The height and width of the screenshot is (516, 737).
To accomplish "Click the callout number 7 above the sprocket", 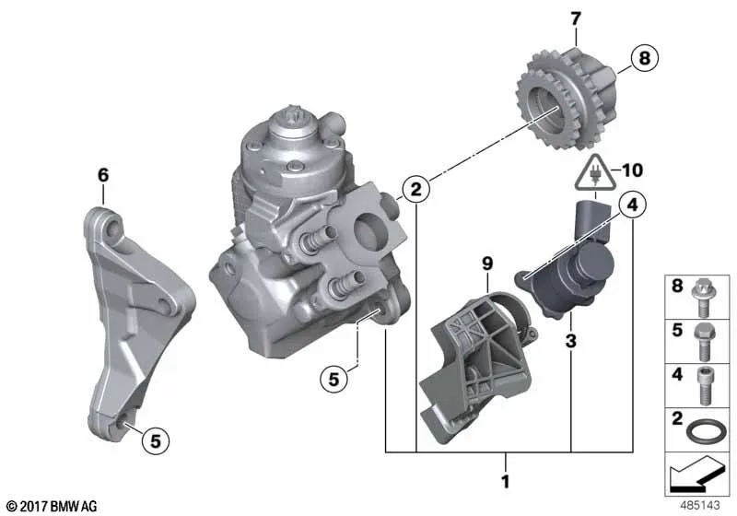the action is tap(576, 19).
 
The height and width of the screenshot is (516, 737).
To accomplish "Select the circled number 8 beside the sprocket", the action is tap(644, 58).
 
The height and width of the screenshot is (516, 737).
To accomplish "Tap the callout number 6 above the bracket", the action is tap(103, 175).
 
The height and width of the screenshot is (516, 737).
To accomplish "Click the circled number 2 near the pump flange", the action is tap(416, 190).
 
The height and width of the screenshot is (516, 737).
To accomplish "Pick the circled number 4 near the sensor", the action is tap(632, 205).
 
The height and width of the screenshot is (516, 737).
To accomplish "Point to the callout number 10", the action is tap(632, 170).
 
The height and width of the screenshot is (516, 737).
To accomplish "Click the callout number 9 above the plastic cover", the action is tap(487, 264).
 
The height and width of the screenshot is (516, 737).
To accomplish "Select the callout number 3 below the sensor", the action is tap(570, 341).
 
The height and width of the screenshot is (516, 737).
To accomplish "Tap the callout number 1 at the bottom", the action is tap(505, 482).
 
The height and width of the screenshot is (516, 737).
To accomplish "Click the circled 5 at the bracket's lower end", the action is tap(155, 440).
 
